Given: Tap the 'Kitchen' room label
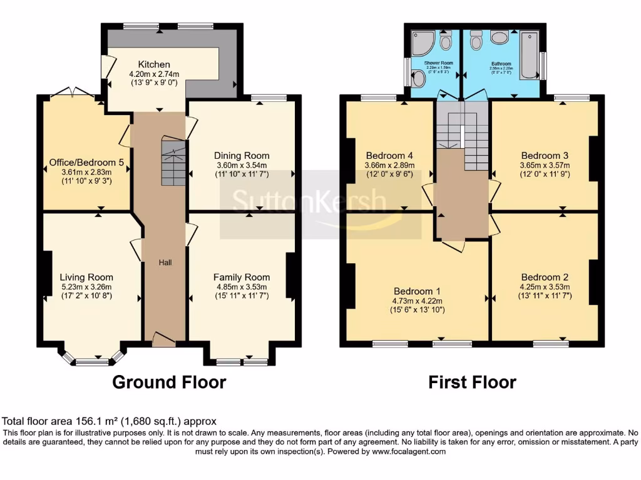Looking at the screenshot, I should point(154,64).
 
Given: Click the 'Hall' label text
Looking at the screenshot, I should point(165,262).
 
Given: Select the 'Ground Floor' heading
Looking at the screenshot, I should point(169,382).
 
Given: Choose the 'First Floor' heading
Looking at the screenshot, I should point(472,382).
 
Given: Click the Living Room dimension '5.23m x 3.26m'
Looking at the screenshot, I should point(86,287).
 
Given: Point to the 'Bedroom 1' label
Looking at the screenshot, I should point(417,291).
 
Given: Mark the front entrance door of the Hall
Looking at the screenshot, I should point(163,339).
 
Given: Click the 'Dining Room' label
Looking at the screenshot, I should point(242,156).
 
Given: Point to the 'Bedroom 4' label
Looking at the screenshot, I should point(389,156).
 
